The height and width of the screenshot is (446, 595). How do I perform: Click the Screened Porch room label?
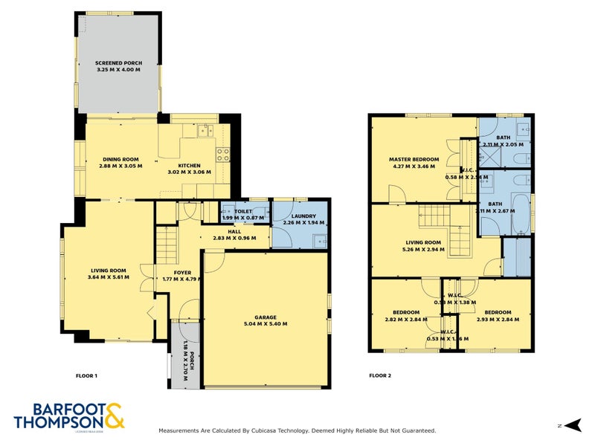(118, 62)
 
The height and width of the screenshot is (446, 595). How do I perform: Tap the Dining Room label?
(120, 159)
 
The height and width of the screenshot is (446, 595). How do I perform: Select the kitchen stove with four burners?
(222, 155)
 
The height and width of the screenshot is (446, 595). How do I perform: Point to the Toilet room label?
(243, 212)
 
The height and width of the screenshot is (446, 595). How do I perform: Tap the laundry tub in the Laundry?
(319, 239)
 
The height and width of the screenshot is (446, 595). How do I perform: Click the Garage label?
(265, 317)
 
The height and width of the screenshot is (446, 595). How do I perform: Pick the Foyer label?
(182, 272)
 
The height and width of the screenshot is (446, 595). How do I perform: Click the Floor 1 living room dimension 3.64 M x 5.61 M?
(108, 278)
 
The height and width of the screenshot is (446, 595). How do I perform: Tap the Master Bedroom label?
(414, 159)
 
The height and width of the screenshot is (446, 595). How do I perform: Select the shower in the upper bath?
(490, 157)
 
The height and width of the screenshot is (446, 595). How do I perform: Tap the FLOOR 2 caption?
(380, 375)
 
